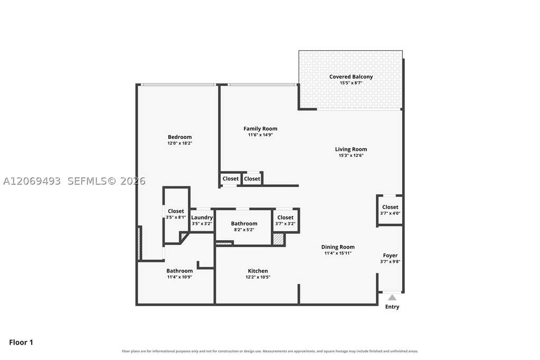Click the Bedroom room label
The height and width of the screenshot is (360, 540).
pos(179,137)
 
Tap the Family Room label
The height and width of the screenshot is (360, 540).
pos(260,129)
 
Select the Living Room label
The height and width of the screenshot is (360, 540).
pos(351,149)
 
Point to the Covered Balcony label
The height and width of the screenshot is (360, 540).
pos(351,77)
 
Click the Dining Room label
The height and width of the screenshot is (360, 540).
pos(338,247)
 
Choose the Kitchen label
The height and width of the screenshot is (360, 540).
pos(258,271)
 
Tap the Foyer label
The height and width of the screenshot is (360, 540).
pos(390,255)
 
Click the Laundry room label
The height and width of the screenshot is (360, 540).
pos(202,217)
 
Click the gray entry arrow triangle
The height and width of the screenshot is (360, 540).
pos(392,297)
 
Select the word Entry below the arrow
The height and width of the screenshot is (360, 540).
pos(392,307)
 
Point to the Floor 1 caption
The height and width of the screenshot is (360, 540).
pos(21,343)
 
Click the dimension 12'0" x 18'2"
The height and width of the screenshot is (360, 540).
pos(180,143)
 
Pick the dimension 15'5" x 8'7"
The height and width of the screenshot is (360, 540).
pos(351,83)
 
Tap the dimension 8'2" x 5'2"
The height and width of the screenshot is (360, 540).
pos(244,230)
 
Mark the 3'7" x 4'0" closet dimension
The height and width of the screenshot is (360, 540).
pos(390,213)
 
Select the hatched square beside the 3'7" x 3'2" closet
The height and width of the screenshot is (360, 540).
pos(278,239)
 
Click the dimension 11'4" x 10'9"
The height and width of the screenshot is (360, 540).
pos(180,277)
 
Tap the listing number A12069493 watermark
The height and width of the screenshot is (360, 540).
pos(32,181)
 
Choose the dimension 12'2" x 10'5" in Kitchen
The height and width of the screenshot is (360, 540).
pos(258,277)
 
